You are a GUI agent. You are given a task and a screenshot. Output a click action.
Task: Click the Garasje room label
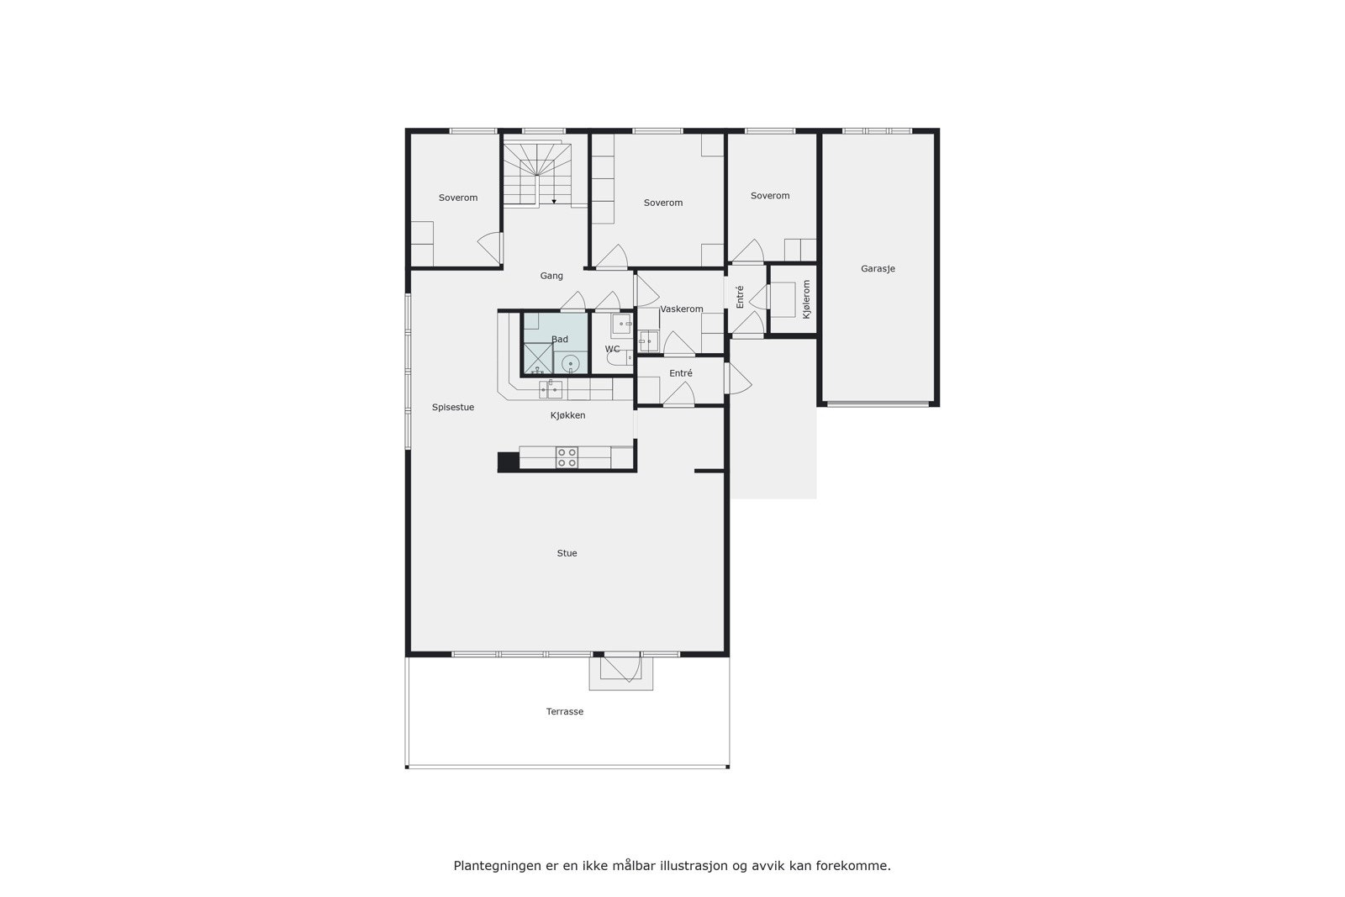[x=878, y=269]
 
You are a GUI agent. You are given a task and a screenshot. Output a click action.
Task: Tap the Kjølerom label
[x=807, y=298]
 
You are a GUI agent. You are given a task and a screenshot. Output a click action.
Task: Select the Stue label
[x=567, y=553]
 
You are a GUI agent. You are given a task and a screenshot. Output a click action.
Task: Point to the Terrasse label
[x=565, y=711]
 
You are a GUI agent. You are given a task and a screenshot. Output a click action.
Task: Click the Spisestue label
[x=453, y=408]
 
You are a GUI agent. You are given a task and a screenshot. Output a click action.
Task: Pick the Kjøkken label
[x=568, y=415]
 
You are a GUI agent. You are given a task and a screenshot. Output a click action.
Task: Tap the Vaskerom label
[x=682, y=309]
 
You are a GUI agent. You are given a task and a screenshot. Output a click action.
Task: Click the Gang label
[x=551, y=276]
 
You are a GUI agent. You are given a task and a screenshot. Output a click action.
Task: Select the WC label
[x=612, y=349]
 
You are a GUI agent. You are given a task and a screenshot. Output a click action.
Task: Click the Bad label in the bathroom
[x=560, y=340]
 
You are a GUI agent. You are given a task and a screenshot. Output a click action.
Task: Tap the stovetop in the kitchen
[x=567, y=457]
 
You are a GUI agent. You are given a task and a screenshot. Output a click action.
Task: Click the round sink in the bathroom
[x=571, y=363]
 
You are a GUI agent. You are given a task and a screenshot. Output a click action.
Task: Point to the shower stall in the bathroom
[x=537, y=359]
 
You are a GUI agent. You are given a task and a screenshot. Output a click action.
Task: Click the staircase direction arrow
[x=554, y=201]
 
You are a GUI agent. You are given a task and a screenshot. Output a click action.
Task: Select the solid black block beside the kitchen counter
[x=509, y=461]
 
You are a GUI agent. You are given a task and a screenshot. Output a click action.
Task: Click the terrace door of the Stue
[x=621, y=667]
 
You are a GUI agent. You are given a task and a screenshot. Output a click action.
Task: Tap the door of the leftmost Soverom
[x=489, y=247]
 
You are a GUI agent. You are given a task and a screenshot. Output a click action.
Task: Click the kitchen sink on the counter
[x=551, y=389]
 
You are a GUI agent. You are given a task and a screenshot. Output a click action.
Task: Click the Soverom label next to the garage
[x=770, y=196]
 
